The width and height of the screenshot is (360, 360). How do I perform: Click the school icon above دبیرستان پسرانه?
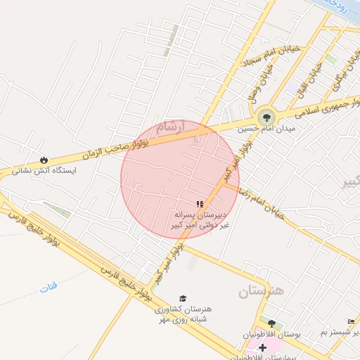pyautogui.click(x=200, y=203)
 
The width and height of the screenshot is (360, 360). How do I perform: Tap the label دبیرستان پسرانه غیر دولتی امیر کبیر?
pyautogui.click(x=200, y=219)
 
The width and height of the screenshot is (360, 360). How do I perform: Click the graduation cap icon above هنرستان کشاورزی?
pyautogui.click(x=184, y=299)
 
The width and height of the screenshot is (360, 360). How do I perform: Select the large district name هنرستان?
pyautogui.click(x=260, y=290)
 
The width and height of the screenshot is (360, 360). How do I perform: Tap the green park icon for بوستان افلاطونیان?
pyautogui.click(x=271, y=324)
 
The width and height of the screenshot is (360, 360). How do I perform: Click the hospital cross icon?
pyautogui.click(x=262, y=348)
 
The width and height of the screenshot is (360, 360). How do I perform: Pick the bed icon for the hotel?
pyautogui.click(x=351, y=322)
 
